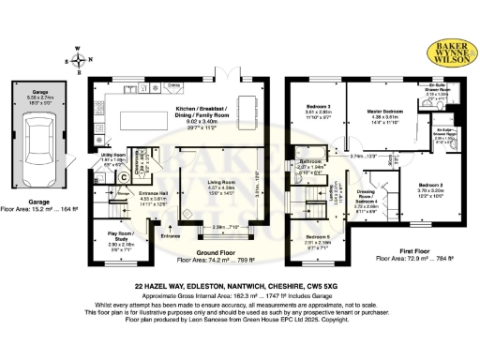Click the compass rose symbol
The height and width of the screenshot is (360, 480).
77,58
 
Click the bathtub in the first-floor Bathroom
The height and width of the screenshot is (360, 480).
310,155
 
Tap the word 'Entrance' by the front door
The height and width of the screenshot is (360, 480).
171,237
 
